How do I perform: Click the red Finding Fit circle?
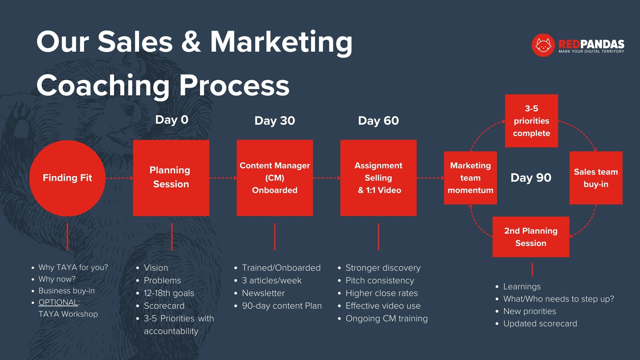(x=67, y=178)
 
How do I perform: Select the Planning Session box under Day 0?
(x=171, y=178)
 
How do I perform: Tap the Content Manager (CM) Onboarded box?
(x=275, y=178)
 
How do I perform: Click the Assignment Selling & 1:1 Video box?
(x=378, y=178)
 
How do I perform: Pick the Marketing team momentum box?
(x=470, y=178)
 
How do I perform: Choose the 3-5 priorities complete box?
(x=531, y=121)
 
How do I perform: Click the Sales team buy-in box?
(x=596, y=178)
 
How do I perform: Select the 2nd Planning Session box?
(x=531, y=237)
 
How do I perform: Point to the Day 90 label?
(x=531, y=178)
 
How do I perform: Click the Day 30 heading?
(x=275, y=121)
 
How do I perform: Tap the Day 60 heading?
(x=378, y=121)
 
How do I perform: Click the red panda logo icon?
(x=543, y=45)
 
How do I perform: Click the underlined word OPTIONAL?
(x=58, y=302)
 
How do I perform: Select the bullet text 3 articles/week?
(x=272, y=280)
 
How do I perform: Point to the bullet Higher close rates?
(x=382, y=293)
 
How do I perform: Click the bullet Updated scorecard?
(x=540, y=323)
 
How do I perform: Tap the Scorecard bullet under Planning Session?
(x=164, y=306)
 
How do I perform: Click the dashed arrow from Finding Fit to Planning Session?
(x=119, y=178)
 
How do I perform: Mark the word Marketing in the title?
(x=281, y=42)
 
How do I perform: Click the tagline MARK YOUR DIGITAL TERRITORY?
(x=591, y=51)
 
